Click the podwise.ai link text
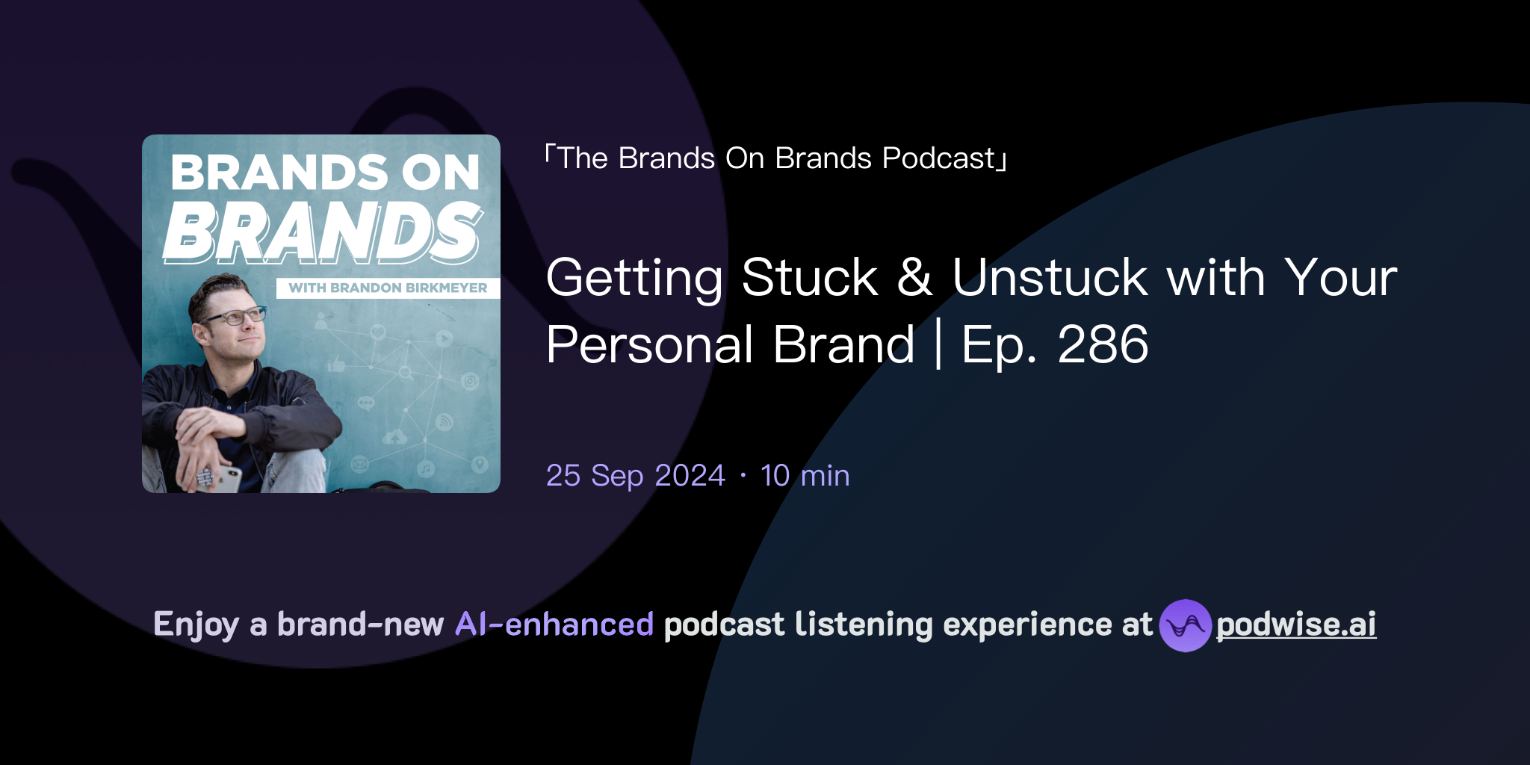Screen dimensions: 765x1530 point(1296,625)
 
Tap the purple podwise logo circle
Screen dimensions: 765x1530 point(1185,625)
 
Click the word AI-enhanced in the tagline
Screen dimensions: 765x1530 point(554,625)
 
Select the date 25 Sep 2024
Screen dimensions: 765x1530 point(635,476)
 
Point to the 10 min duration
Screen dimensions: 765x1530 point(805,476)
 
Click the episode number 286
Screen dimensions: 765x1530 point(1103,345)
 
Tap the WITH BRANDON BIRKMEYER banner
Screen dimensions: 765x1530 point(388,288)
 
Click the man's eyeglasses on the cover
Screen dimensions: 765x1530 point(236,317)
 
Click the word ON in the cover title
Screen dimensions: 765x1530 point(441,173)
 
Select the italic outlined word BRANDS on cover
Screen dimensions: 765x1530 point(323,233)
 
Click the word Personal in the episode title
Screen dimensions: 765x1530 point(648,345)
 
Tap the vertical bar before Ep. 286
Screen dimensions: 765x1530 point(938,344)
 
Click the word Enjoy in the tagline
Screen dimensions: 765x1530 point(196,625)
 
